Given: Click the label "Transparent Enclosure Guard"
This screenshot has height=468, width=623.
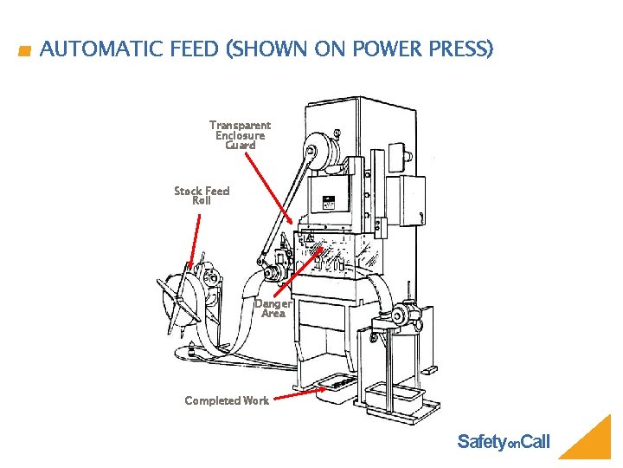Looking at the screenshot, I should [x=240, y=135].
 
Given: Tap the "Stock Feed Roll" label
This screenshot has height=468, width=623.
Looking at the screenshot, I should [x=202, y=196].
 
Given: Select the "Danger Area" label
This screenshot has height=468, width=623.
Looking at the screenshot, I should [x=273, y=309].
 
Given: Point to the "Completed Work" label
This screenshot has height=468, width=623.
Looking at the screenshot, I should [x=227, y=400].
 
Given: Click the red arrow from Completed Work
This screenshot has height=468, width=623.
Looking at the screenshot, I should [x=299, y=394].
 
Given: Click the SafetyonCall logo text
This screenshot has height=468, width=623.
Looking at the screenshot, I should [x=503, y=443].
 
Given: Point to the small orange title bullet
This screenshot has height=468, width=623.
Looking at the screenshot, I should [x=24, y=51].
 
